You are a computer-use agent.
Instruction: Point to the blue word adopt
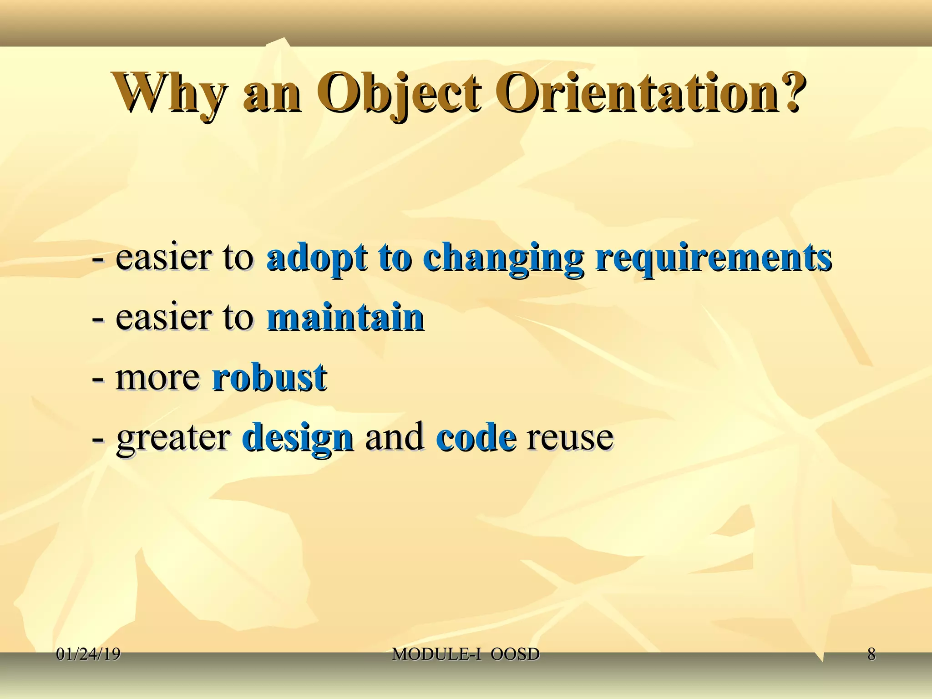317,258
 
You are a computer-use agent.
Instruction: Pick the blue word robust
269,377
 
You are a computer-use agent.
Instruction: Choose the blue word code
476,437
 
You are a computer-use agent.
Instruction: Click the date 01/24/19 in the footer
88,654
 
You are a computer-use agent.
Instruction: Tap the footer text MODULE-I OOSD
466,654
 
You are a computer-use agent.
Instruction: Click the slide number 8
871,654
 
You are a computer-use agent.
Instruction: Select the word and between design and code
394,437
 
